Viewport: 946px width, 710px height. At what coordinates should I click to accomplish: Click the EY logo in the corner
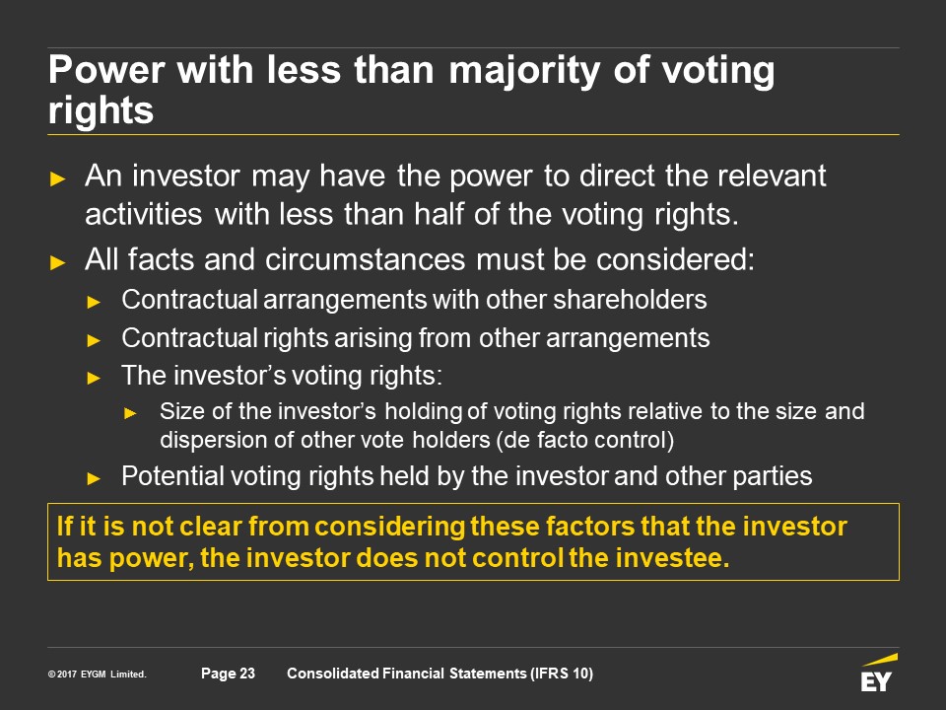(x=879, y=674)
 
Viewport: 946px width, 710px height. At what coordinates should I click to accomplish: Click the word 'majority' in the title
(x=524, y=71)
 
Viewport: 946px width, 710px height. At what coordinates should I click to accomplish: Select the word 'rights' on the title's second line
(x=101, y=109)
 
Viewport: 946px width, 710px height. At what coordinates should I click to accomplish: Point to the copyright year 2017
(x=67, y=674)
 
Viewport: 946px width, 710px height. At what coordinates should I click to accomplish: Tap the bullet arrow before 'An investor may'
(x=58, y=178)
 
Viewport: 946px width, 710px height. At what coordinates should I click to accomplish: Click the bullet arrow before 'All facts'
(x=58, y=262)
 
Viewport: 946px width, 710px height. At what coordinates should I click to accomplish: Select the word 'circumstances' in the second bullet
(x=365, y=259)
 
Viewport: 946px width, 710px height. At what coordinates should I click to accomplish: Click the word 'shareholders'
(x=630, y=300)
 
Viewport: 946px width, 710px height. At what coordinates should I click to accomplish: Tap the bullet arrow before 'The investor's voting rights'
(x=94, y=379)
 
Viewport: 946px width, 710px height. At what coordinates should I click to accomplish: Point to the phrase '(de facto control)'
(x=585, y=440)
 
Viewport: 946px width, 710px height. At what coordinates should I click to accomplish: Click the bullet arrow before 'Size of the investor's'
(x=130, y=413)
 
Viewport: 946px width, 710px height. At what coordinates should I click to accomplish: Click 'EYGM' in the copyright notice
(x=94, y=674)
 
